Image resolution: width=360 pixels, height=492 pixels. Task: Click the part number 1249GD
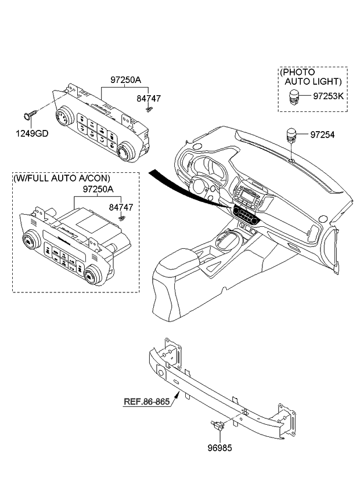(32, 133)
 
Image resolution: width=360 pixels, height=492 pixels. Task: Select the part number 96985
(223, 448)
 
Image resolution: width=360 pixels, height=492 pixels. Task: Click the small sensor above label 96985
(218, 425)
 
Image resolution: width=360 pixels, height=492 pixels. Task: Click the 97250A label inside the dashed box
(82, 190)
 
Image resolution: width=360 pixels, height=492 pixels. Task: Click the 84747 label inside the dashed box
(121, 207)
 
